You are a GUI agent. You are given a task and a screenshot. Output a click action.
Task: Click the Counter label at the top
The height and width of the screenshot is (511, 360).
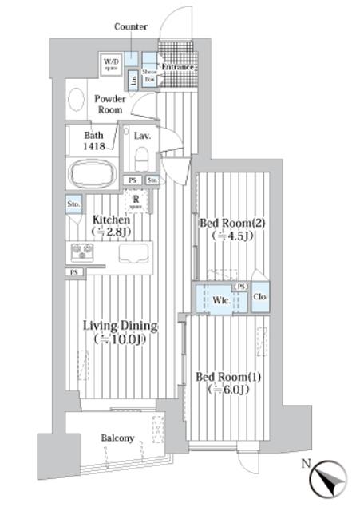[x=130, y=26]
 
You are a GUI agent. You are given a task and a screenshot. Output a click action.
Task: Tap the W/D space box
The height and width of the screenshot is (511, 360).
[x=110, y=64]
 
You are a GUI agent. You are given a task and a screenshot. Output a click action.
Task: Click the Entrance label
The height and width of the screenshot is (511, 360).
[x=178, y=67]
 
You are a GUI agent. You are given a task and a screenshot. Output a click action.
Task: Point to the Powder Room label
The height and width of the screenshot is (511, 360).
[x=110, y=105]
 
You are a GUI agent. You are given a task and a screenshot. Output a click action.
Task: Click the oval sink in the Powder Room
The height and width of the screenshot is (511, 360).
[x=77, y=100]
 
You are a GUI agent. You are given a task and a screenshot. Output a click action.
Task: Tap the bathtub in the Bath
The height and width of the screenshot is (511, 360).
[x=93, y=173]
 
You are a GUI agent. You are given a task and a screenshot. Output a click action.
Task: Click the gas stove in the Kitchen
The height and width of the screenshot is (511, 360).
[x=83, y=252]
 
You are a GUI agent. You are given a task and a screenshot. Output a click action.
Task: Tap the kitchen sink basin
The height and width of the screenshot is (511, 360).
[x=133, y=253]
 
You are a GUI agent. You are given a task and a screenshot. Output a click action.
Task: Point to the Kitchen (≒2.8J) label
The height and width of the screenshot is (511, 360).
[x=112, y=225]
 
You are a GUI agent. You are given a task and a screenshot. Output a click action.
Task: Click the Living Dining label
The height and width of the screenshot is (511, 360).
[x=121, y=332]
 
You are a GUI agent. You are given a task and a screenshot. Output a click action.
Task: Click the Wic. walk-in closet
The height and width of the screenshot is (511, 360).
[x=220, y=300]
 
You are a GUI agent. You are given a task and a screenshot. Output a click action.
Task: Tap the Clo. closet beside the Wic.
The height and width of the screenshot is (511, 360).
[x=261, y=298]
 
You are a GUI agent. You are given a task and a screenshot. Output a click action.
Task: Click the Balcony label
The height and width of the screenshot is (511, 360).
[x=117, y=438]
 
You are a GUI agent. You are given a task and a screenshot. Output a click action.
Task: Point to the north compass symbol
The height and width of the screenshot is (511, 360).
[x=329, y=479]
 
